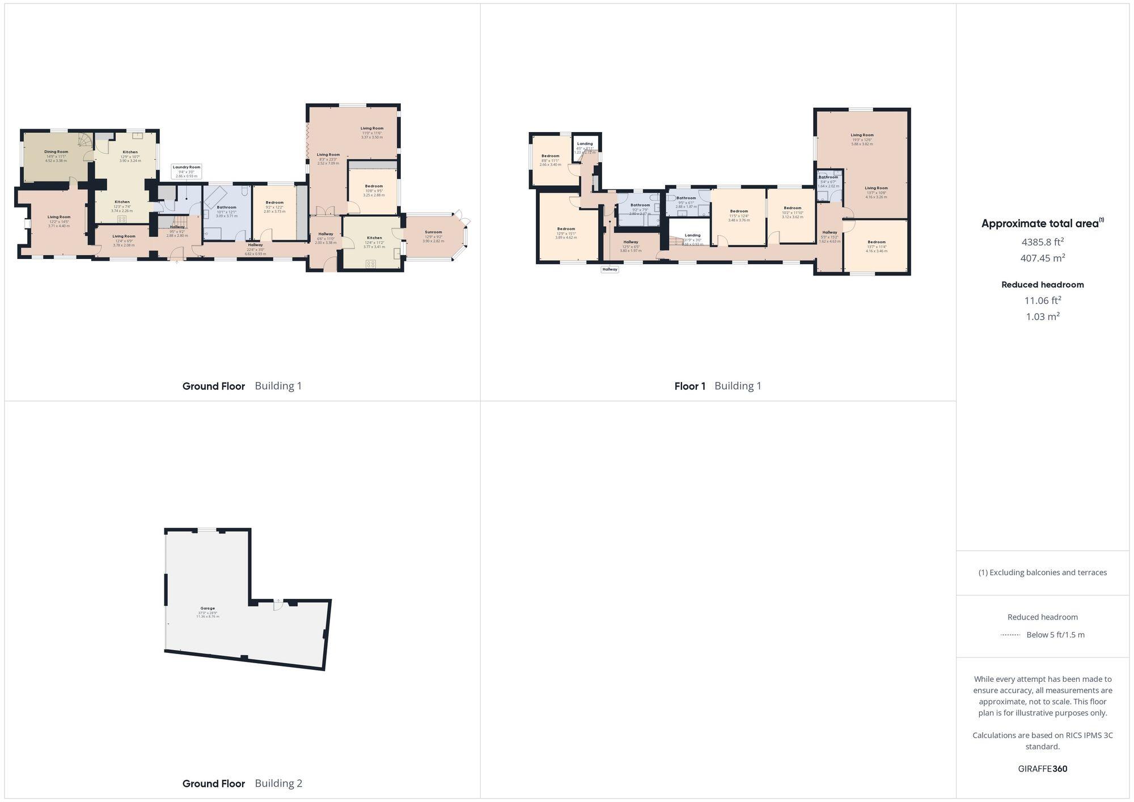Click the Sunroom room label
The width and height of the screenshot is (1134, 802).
[x=433, y=232]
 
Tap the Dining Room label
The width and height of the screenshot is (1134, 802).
[x=56, y=152]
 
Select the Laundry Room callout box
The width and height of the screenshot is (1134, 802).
[x=187, y=171]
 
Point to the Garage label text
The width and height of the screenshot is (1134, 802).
[x=208, y=609]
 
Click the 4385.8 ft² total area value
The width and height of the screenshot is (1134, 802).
[x=1042, y=242]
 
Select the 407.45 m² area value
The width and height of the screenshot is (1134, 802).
[x=1042, y=258]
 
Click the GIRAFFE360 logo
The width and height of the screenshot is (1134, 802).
[x=1042, y=769]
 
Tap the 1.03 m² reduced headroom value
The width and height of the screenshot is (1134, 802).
[x=1042, y=317]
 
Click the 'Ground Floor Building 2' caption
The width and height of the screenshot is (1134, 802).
[x=242, y=783]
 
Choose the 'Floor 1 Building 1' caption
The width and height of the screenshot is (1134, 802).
[x=718, y=386]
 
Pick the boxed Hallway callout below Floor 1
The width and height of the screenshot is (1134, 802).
[x=610, y=270]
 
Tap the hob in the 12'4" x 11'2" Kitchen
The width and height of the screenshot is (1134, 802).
[x=371, y=264]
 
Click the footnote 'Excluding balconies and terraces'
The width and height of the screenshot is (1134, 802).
[x=1042, y=572]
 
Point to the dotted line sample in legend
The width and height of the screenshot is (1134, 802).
[x=1010, y=635]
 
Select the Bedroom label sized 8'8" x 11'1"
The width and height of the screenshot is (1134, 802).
[x=550, y=156]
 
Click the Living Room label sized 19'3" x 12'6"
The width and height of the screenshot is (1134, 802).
[x=862, y=135]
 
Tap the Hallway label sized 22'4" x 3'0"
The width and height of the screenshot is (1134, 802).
[x=255, y=245]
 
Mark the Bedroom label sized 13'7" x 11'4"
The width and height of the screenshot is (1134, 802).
[x=876, y=242]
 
